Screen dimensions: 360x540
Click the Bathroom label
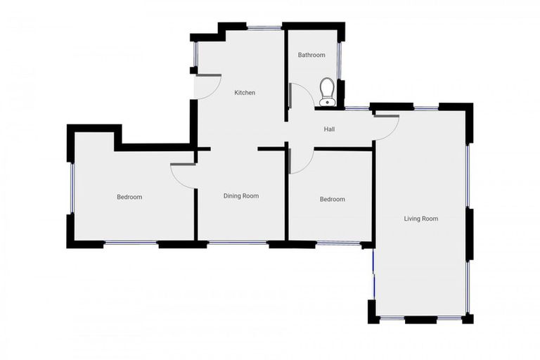click(311, 55)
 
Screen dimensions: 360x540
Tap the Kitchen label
click(245, 93)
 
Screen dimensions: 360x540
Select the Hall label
click(329, 129)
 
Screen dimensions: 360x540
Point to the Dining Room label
click(241, 196)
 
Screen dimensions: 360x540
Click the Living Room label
click(420, 219)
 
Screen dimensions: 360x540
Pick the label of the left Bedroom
click(129, 197)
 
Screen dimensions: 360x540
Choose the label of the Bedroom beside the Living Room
click(332, 199)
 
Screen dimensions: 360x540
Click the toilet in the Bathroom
click(327, 91)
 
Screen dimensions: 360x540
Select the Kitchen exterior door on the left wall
click(206, 86)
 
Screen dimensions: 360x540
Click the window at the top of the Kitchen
click(263, 28)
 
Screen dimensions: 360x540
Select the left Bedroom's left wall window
click(71, 188)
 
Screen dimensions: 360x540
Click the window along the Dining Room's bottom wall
click(237, 244)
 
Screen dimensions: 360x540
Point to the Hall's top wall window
click(356, 108)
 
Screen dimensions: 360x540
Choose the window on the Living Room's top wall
click(425, 108)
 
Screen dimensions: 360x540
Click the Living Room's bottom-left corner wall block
click(373, 311)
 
